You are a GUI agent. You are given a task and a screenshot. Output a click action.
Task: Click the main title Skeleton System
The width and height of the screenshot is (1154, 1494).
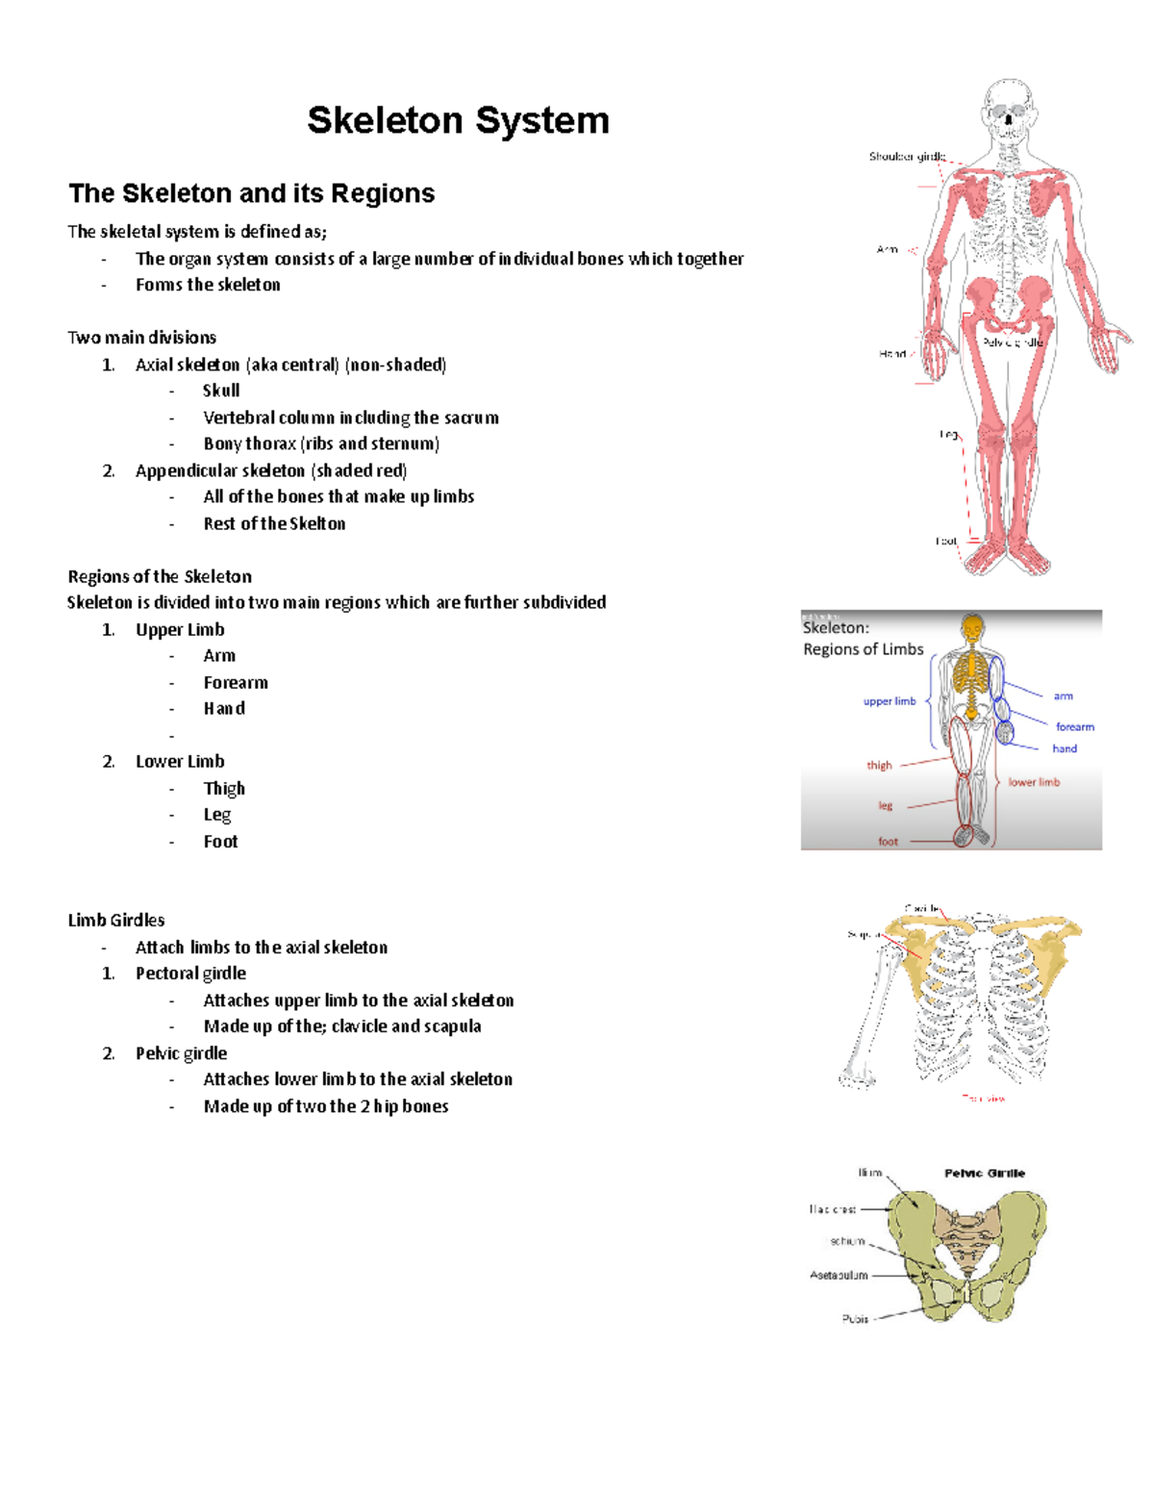pos(458,121)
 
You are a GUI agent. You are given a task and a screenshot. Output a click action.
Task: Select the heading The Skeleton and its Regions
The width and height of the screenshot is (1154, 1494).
pos(251,193)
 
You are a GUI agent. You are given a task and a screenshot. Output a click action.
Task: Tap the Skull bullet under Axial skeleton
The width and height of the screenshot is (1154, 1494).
pos(221,391)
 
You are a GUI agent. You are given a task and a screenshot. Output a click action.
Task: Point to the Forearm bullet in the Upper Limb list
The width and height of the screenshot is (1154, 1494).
pos(236,682)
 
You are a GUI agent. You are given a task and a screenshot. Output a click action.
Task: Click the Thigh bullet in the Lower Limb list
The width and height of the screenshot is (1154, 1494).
pos(224,788)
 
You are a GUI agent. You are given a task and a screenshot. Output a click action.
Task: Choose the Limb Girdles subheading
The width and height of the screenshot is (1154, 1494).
pos(116,920)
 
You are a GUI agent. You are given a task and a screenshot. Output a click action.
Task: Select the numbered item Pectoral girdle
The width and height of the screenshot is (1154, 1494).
pos(190,973)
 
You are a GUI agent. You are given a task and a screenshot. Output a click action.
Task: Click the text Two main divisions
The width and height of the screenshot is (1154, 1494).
pos(142,337)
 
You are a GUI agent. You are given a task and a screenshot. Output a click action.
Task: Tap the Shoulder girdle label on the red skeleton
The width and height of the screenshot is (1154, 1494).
pos(907,156)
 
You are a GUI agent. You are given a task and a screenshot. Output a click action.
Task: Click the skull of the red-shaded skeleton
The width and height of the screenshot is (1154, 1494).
pos(1008,106)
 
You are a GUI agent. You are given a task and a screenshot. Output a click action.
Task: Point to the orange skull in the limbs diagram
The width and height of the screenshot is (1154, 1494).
pos(973,630)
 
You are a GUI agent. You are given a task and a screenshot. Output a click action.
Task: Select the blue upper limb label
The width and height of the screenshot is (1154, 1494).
pos(890,701)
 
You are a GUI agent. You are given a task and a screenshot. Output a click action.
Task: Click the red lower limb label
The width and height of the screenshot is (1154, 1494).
pos(1034,782)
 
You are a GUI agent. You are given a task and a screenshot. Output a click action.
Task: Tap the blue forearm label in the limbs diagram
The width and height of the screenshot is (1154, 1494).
pos(1074,726)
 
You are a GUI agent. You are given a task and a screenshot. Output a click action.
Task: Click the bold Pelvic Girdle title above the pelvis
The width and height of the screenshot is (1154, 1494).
pos(984,1173)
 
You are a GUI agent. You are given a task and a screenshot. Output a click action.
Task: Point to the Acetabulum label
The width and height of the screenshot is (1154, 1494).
pos(839,1275)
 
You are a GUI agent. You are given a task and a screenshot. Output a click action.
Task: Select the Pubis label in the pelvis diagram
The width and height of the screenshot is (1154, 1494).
pos(855,1318)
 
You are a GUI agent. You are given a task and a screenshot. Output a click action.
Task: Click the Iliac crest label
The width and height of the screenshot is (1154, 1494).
pos(833,1209)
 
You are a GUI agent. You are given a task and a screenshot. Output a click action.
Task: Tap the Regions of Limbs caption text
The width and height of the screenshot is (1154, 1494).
pos(863,649)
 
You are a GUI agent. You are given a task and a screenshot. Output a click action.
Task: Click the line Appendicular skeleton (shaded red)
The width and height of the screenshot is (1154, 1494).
pos(271,470)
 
